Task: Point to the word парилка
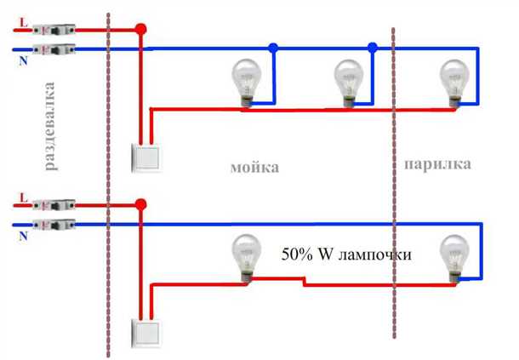[437, 163]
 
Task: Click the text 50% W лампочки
[345, 254]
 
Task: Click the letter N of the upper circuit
[21, 59]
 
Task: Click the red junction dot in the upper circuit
[142, 30]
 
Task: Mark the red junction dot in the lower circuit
[142, 205]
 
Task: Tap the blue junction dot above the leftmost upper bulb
[272, 49]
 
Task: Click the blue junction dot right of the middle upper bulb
[372, 49]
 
